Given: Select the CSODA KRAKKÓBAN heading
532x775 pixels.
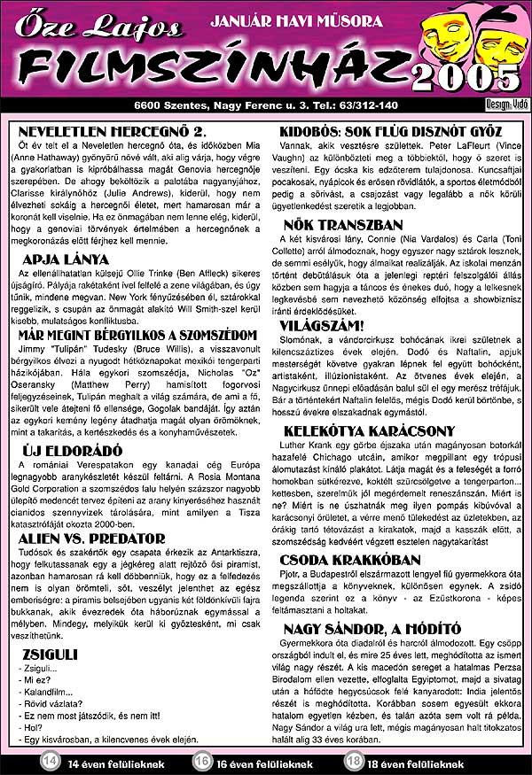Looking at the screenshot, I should pos(351,559).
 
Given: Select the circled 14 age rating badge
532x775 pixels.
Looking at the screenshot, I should pos(51,761).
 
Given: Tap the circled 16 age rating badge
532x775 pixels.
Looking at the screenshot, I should pos(202,761).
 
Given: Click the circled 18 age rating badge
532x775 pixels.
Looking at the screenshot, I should pos(354,761).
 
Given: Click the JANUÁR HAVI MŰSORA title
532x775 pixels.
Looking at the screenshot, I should pos(296,19).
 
